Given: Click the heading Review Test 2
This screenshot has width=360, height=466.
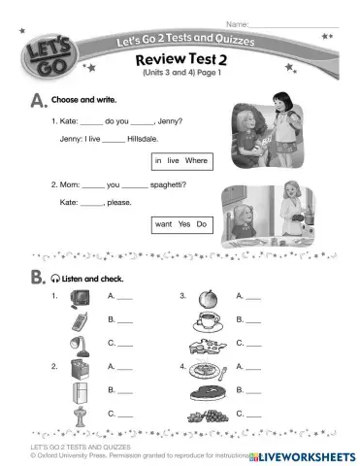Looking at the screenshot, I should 181,59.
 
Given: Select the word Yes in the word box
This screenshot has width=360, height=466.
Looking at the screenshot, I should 180,224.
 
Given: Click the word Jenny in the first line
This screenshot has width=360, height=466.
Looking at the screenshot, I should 169,121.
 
